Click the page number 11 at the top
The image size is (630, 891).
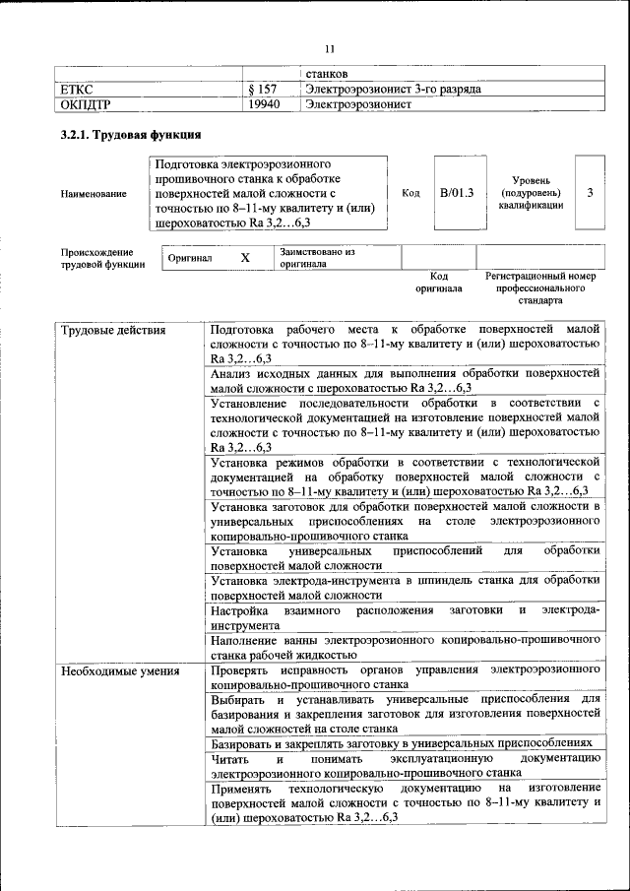pos(330,47)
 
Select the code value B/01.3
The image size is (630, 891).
pos(457,193)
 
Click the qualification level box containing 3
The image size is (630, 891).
pos(590,193)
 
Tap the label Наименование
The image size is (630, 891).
pos(93,194)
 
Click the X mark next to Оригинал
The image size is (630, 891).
pos(246,257)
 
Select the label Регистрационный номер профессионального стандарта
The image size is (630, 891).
pos(540,287)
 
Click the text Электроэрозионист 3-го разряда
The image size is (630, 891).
pos(393,90)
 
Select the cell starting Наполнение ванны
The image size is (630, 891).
pos(405,646)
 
